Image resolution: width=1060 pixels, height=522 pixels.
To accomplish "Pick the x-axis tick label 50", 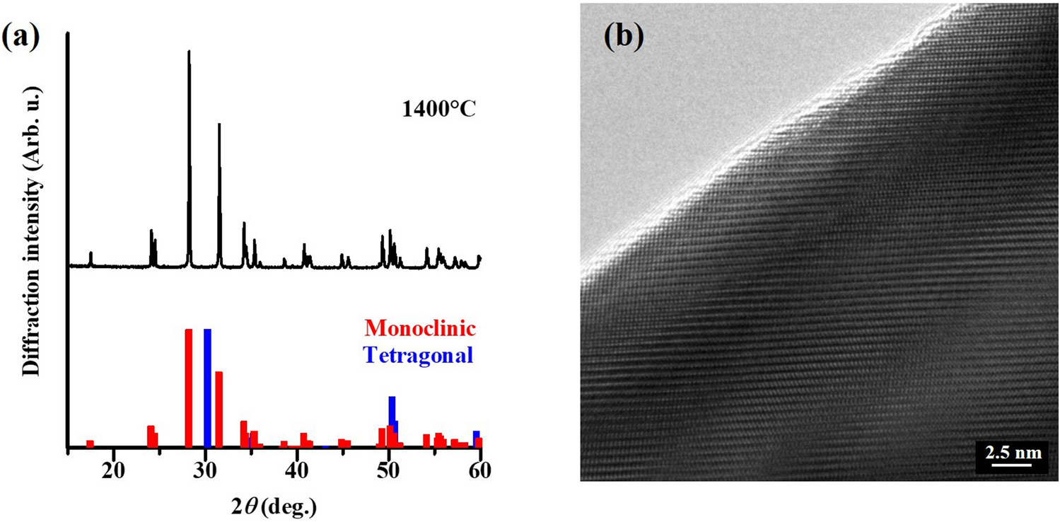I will (x=389, y=468).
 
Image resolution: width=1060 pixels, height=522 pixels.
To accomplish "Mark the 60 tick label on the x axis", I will (x=480, y=468).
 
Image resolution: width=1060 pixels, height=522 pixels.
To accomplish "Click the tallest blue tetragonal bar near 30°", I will (x=207, y=388).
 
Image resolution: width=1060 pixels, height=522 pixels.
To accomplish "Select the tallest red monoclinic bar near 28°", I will (x=189, y=388).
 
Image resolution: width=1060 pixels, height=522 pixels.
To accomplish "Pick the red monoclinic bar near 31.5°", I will (x=219, y=409).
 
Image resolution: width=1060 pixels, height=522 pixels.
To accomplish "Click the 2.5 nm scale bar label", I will (x=1010, y=451).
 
